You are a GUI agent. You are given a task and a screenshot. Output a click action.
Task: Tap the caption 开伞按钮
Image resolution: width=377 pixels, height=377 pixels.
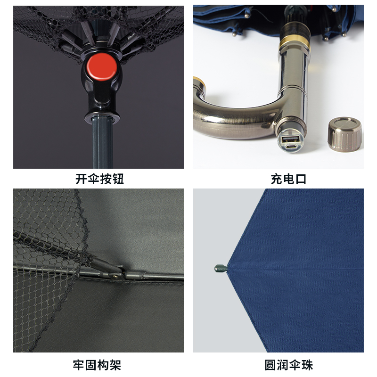99,179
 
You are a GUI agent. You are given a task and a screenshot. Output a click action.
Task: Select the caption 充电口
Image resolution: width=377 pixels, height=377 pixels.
288,179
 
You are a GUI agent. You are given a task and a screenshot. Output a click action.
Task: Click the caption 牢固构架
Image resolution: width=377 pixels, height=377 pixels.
97,365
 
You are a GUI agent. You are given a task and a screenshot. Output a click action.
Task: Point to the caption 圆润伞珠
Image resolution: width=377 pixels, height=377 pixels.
288,365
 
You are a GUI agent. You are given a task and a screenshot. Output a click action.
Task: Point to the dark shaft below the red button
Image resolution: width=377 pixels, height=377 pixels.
102,143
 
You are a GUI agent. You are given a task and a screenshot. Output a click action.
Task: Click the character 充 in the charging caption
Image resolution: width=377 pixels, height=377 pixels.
277,179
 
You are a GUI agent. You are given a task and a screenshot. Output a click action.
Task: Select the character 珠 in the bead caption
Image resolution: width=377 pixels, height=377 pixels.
307,365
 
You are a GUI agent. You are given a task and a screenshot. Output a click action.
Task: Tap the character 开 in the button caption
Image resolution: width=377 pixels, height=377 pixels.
81,179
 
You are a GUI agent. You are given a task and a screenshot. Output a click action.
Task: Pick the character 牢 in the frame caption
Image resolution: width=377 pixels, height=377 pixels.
79,365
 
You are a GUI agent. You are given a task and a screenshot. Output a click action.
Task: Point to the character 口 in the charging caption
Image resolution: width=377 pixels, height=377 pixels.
301,179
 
